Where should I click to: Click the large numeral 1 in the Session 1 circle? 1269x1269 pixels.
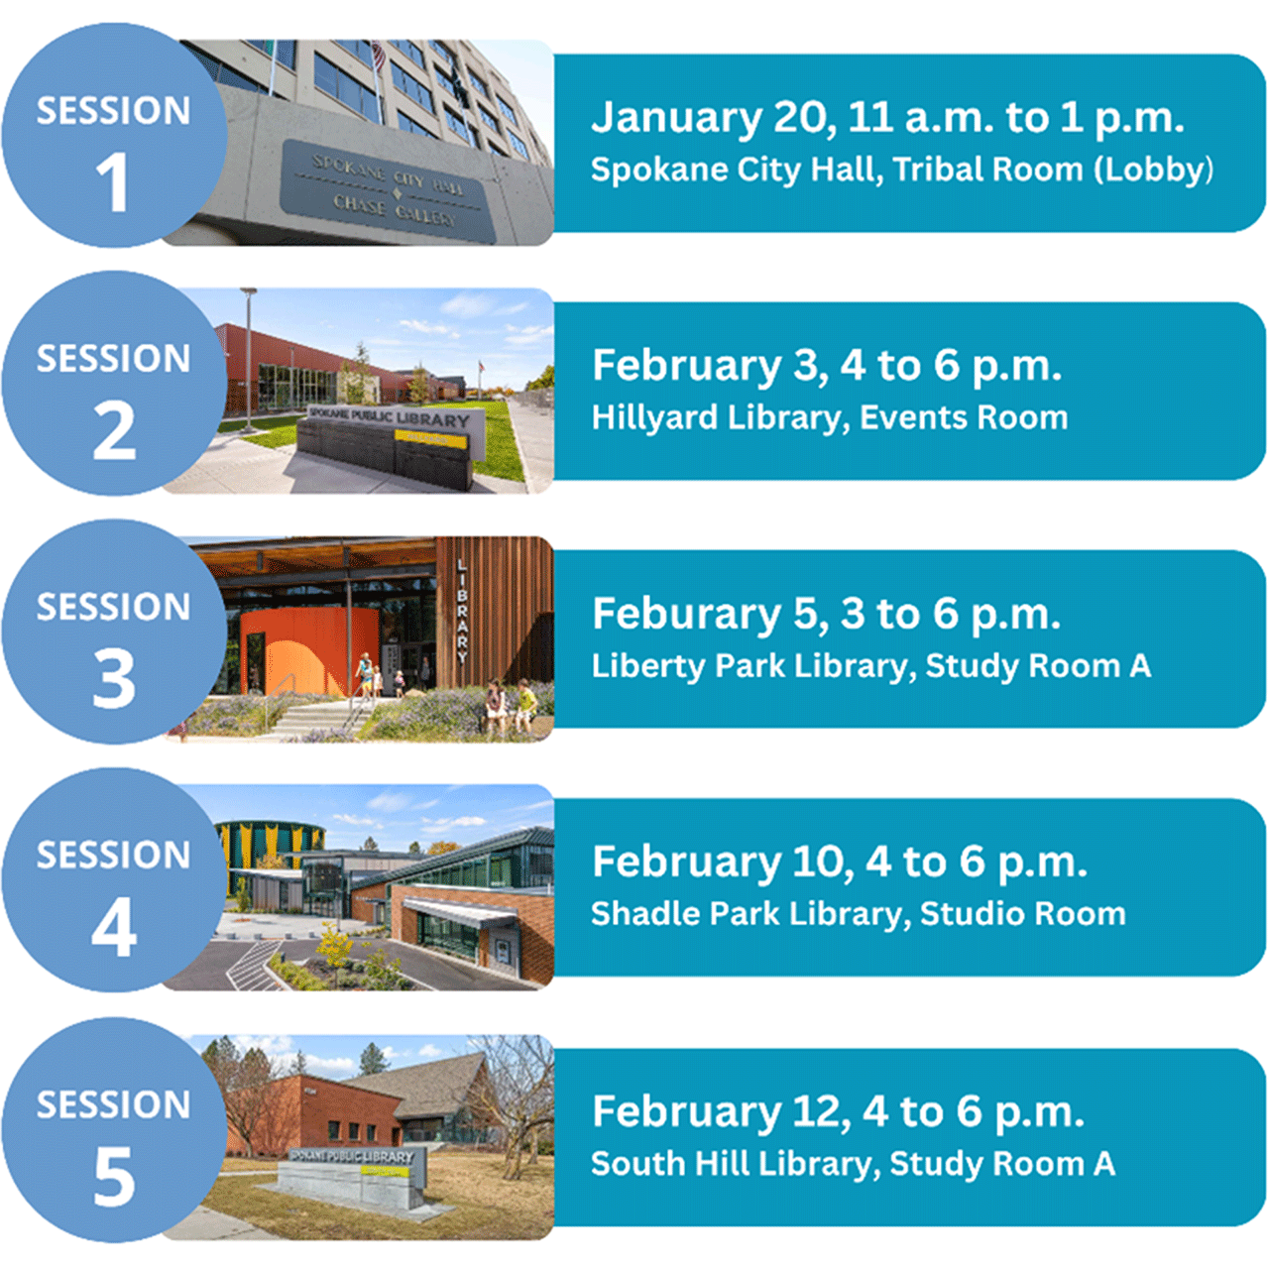113,182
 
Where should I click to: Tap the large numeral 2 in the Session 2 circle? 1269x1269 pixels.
114,430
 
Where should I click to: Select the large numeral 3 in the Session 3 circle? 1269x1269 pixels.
114,679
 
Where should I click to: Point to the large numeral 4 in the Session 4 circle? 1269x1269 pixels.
114,927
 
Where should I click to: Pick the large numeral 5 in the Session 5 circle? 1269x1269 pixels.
114,1177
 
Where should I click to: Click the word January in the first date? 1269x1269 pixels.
676,118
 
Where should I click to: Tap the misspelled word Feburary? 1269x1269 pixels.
686,615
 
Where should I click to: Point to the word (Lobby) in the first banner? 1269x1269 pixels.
1154,170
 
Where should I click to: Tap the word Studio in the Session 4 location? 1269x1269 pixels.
968,914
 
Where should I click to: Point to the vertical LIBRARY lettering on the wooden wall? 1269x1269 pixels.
462,611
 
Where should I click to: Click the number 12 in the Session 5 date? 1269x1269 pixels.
817,1112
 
